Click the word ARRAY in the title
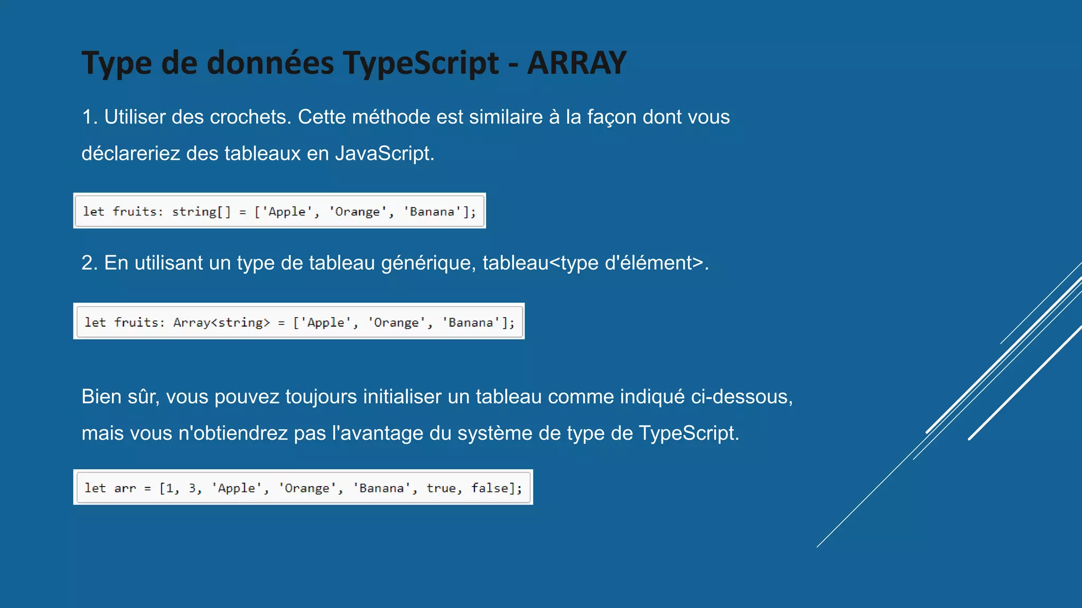tap(576, 63)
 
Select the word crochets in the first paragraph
tap(250, 117)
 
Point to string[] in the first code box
tap(201, 212)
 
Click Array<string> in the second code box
tap(221, 322)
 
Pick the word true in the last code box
tap(441, 488)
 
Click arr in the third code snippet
tap(125, 488)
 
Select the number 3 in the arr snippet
tap(192, 488)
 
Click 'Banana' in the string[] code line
tap(432, 212)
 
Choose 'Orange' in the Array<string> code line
tap(396, 322)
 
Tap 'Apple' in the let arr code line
tap(236, 488)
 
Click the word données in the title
tap(270, 63)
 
